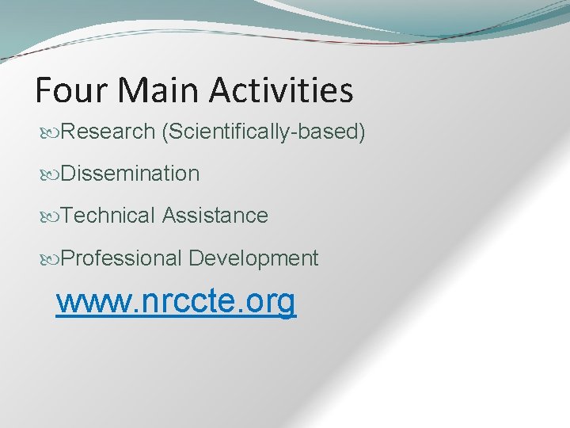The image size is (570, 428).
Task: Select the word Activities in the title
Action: pyautogui.click(x=282, y=90)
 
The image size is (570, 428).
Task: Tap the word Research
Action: pyautogui.click(x=107, y=131)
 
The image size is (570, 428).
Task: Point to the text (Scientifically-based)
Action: pyautogui.click(x=263, y=131)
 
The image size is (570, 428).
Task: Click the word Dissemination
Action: pyautogui.click(x=130, y=173)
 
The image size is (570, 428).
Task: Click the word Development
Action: pyautogui.click(x=253, y=258)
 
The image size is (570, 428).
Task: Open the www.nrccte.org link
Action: pyautogui.click(x=176, y=301)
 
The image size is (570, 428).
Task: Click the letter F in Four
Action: pyautogui.click(x=44, y=90)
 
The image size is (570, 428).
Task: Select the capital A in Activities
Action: pyautogui.click(x=222, y=90)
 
